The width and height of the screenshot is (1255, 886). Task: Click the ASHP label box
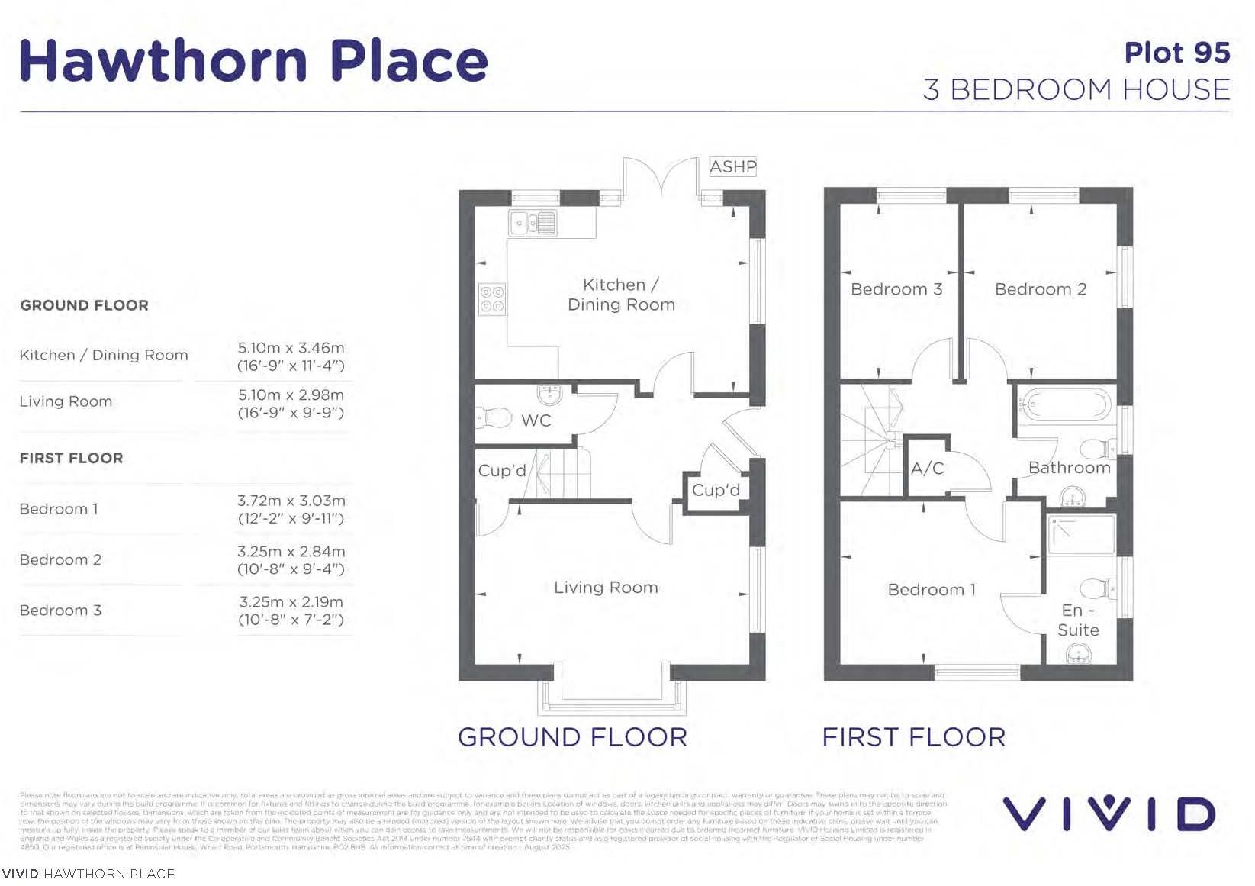coord(732,166)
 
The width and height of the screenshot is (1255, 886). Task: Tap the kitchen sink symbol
coord(533,224)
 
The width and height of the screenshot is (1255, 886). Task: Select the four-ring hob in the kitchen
coord(492,298)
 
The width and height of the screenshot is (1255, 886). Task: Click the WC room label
coord(536,420)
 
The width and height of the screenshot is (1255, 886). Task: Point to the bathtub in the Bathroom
coord(1066,404)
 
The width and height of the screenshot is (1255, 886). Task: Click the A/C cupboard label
coord(927,469)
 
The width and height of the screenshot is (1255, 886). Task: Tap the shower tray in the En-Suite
coord(1081,534)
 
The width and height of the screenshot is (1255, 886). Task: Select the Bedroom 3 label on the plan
coord(896,289)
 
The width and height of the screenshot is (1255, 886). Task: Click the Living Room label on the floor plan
coord(606,588)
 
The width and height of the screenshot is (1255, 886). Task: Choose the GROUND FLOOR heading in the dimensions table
coord(84,305)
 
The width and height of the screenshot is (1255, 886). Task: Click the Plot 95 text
coord(1176,53)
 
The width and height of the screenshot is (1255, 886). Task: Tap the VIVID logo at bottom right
coord(1109,814)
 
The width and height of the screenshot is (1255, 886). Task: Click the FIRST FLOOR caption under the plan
coord(913,737)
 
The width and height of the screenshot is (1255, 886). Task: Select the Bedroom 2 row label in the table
coord(60,559)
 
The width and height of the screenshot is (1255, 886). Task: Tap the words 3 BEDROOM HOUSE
coord(1076,90)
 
